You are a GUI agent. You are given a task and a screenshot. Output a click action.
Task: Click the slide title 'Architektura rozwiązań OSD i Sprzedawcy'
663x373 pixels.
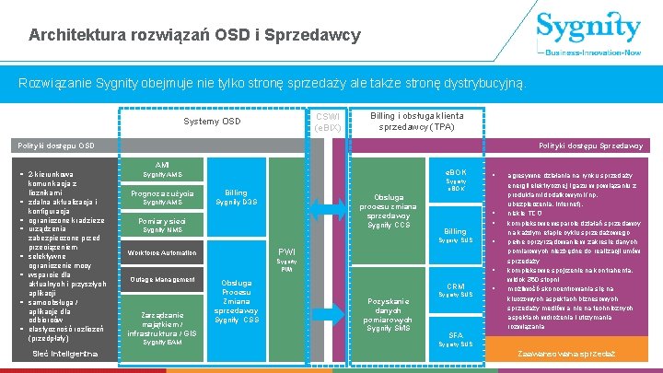pos(194,36)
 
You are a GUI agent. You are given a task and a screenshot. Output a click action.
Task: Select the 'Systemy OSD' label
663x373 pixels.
pos(212,121)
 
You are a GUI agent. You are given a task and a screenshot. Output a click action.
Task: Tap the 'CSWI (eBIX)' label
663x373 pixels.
pos(328,121)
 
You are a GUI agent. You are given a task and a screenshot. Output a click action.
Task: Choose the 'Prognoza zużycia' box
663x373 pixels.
pos(162,197)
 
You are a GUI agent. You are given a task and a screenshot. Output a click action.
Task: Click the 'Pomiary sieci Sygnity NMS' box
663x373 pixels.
pos(162,225)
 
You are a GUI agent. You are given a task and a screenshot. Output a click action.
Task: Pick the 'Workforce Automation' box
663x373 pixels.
pos(162,252)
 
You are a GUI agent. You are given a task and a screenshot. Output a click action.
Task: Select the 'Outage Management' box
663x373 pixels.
pos(162,279)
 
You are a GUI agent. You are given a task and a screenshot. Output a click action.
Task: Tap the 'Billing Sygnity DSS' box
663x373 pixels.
pos(237,196)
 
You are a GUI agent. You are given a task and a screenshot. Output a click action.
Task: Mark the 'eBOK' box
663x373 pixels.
pos(456,179)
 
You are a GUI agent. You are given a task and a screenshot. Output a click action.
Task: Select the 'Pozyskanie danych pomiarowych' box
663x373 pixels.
pos(389,314)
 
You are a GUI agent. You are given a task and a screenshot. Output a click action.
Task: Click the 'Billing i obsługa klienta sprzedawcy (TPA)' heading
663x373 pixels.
pos(417,122)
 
